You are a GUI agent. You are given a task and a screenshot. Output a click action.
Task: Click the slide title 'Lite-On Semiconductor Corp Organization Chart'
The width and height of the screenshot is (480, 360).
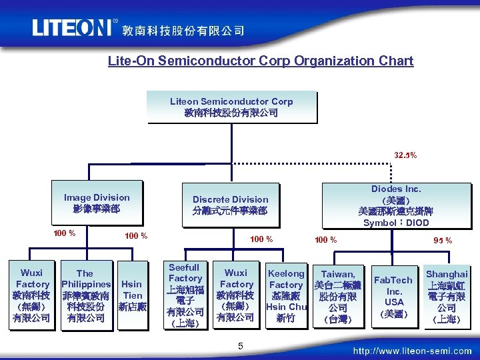click(x=261, y=61)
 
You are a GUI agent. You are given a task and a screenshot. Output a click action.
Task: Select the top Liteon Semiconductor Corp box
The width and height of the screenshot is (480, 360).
click(x=231, y=107)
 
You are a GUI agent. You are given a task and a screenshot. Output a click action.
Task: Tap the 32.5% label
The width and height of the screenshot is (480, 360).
click(x=405, y=155)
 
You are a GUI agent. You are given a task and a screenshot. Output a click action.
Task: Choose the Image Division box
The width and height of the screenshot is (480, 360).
click(x=97, y=203)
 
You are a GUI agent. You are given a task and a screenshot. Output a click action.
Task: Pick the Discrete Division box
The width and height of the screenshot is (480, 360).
click(x=230, y=205)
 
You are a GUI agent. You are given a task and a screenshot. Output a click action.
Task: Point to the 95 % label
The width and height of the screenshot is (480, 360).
click(x=443, y=240)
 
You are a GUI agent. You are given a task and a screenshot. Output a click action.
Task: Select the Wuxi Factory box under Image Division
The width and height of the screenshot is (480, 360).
click(x=31, y=295)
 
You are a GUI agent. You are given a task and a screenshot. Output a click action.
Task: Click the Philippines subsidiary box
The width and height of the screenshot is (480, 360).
click(x=85, y=295)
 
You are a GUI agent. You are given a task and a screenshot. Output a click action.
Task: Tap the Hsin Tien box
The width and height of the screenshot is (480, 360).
click(x=132, y=295)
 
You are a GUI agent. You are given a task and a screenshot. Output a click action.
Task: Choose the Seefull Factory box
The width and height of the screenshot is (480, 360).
click(x=185, y=295)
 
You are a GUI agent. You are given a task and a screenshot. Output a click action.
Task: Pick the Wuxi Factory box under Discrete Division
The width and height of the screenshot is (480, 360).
click(x=235, y=295)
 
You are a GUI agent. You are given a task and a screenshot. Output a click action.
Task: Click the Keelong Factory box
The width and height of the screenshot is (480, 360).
click(x=285, y=295)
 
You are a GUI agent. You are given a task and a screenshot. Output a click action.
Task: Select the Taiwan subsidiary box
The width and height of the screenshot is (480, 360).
click(x=337, y=295)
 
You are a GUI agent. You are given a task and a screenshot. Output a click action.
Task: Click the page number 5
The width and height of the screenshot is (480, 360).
click(x=241, y=345)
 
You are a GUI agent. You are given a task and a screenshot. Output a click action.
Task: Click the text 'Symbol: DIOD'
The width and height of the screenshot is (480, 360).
click(x=396, y=223)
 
